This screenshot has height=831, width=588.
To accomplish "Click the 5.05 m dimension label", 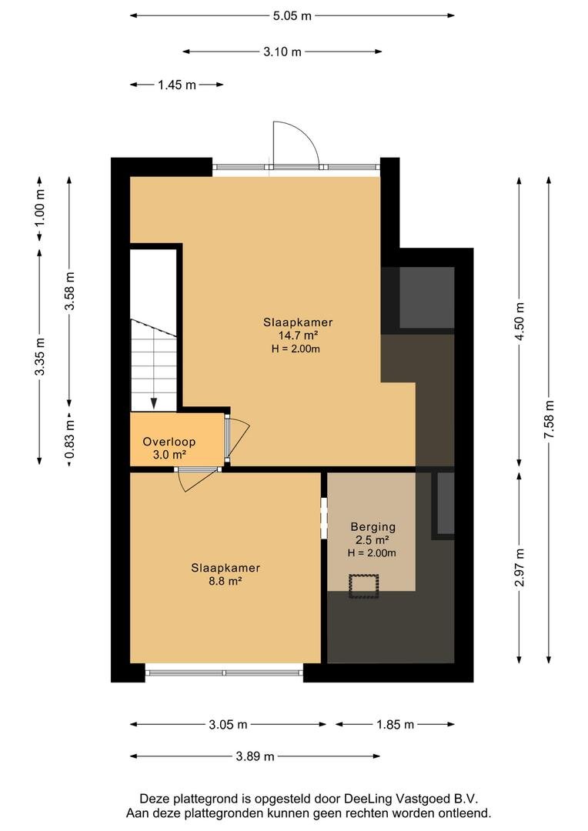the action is (x=292, y=16).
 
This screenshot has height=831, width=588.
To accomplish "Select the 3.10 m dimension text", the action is (x=282, y=52).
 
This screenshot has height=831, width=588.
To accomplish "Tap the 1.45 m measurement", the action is (x=176, y=85).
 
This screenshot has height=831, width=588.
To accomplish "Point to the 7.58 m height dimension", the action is (x=549, y=419).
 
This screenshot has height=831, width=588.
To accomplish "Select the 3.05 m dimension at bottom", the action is (x=228, y=725).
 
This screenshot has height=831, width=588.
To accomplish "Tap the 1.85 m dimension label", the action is (x=395, y=725).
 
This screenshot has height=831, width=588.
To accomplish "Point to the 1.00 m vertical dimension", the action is (x=40, y=208).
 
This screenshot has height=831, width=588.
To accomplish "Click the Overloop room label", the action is (x=169, y=442).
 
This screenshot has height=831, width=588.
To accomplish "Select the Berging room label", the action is (x=373, y=527).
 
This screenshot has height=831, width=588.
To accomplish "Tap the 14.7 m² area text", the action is (x=298, y=335).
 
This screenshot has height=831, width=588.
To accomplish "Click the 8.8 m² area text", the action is (x=226, y=581).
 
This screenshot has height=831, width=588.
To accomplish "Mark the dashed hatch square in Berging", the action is (x=364, y=586).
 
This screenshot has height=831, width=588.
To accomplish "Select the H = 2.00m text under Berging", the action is (x=372, y=553).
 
